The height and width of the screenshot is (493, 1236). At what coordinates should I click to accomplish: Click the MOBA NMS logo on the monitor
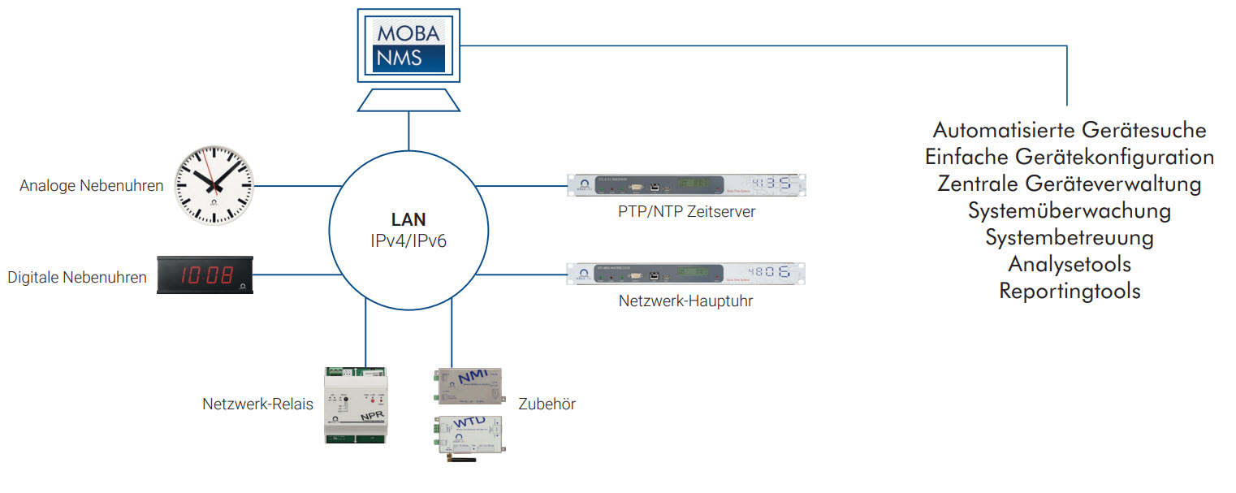pyautogui.click(x=408, y=45)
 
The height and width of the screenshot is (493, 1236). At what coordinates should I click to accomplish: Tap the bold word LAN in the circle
pyautogui.click(x=408, y=219)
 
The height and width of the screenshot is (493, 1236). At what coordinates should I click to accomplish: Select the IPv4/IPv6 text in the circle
pyautogui.click(x=408, y=240)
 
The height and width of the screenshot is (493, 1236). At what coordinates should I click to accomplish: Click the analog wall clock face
pyautogui.click(x=214, y=185)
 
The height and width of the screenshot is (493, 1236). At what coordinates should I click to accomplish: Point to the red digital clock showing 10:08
pyautogui.click(x=205, y=276)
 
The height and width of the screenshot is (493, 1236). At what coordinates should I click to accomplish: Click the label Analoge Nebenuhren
pyautogui.click(x=91, y=186)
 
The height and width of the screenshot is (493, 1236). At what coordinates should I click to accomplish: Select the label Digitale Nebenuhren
pyautogui.click(x=77, y=278)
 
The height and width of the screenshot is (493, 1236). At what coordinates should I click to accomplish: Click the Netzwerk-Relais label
pyautogui.click(x=257, y=404)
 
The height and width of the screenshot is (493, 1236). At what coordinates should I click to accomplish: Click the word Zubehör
pyautogui.click(x=547, y=404)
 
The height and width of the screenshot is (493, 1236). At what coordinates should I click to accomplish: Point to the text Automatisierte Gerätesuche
pyautogui.click(x=1069, y=130)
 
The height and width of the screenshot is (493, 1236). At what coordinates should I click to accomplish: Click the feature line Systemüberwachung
pyautogui.click(x=1069, y=210)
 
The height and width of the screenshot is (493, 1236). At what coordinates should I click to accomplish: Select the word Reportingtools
pyautogui.click(x=1069, y=291)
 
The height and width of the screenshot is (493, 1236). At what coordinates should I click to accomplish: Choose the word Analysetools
pyautogui.click(x=1069, y=264)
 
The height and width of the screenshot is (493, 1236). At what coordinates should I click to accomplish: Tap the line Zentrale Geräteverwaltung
pyautogui.click(x=1069, y=184)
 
